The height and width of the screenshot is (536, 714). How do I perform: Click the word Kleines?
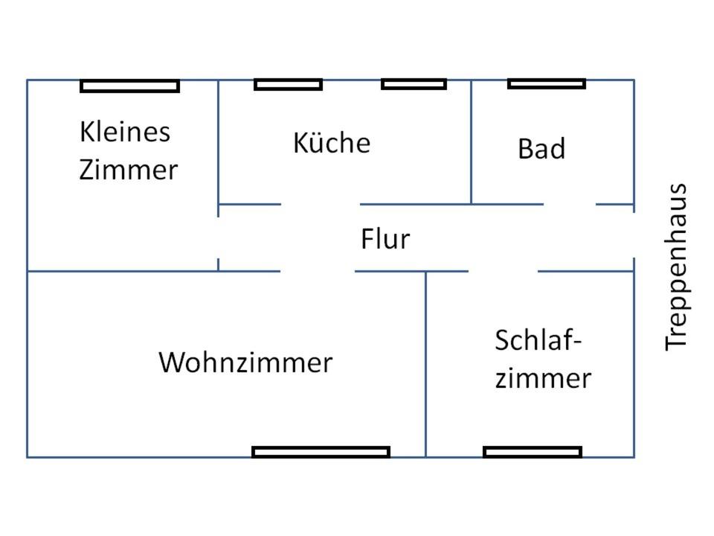(125, 133)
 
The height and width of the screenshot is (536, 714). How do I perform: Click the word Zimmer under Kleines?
(129, 170)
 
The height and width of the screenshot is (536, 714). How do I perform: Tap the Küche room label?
(332, 142)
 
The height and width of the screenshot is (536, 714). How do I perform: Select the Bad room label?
(541, 149)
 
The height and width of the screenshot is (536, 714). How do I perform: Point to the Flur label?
(385, 239)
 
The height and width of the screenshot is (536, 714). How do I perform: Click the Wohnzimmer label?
(245, 363)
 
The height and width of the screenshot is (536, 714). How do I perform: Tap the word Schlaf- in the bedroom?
(538, 340)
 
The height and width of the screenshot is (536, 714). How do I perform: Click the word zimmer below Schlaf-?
(543, 378)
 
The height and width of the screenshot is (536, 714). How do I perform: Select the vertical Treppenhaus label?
(676, 267)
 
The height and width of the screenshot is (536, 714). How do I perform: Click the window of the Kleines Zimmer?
(130, 86)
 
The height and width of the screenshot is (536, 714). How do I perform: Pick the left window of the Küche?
(289, 85)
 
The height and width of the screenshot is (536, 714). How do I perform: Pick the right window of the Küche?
(414, 84)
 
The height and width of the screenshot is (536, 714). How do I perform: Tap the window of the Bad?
(547, 83)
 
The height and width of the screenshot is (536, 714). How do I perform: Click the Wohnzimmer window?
(321, 452)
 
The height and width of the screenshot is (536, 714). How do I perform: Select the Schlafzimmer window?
(533, 452)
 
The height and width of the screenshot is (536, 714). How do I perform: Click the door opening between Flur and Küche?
(321, 204)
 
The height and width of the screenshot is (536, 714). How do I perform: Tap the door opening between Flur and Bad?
(570, 204)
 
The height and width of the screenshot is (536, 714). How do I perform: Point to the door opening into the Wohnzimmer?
(318, 271)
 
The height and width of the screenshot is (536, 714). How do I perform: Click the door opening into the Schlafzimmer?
(503, 271)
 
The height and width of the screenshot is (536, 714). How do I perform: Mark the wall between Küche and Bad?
(471, 141)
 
